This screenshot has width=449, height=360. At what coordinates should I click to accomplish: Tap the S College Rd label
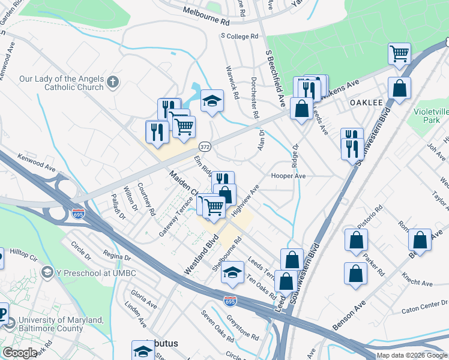[x=240, y=37]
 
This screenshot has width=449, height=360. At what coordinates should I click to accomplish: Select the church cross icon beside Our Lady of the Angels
[x=112, y=81]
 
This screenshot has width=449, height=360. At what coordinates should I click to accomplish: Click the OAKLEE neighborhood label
[x=366, y=103]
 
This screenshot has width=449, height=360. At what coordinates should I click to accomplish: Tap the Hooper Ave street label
[x=289, y=176]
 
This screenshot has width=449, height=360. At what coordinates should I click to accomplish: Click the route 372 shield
[x=205, y=146]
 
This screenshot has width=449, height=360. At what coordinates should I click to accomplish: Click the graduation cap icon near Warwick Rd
[x=212, y=101]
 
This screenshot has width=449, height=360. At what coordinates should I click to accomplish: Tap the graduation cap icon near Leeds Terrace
[x=232, y=273]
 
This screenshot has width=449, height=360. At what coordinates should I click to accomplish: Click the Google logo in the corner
[x=19, y=353]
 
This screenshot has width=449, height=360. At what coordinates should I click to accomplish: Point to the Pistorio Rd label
[x=371, y=217]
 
